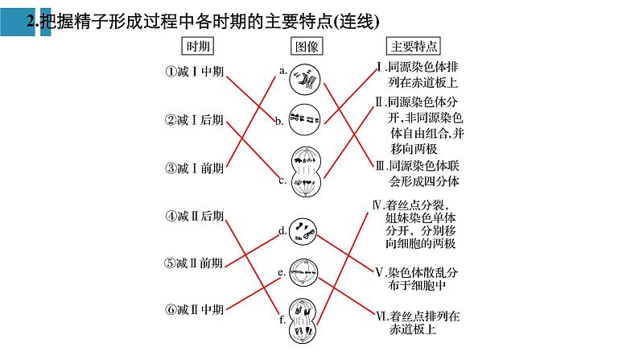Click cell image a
[305, 78]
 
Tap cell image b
[304, 120]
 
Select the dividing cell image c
[305, 172]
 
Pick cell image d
[304, 232]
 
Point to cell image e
[304, 272]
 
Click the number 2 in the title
[31, 22]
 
